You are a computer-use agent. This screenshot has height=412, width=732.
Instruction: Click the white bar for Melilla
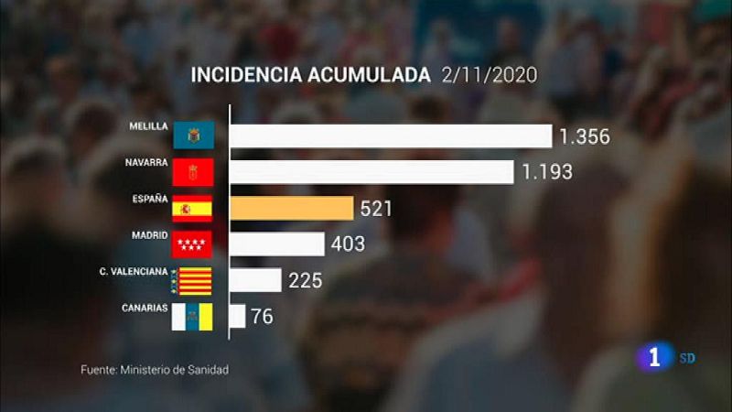coord(391,136)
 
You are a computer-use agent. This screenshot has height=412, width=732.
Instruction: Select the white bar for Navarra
coord(371,172)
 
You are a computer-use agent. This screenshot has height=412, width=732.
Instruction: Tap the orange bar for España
coord(291,208)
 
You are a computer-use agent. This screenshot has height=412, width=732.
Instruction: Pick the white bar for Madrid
coord(276,244)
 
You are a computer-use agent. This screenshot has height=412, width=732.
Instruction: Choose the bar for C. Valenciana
coord(255,280)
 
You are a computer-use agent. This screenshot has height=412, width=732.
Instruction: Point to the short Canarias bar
coord(237,316)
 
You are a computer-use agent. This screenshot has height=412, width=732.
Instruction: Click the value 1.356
coord(584,137)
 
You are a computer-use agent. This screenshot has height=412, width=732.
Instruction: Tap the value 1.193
coord(547,172)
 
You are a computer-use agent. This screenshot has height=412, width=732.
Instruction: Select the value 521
coord(376,209)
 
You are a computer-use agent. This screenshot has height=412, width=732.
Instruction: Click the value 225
coord(306,280)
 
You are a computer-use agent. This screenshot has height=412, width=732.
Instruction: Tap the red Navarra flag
coord(193,172)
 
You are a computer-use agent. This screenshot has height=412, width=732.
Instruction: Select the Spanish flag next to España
coord(193,209)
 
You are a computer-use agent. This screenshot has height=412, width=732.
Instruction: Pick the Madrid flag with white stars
coord(193,244)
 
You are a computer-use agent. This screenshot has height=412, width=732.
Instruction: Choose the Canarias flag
coord(193,317)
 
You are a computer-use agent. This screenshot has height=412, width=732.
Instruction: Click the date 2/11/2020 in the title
coord(489,74)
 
